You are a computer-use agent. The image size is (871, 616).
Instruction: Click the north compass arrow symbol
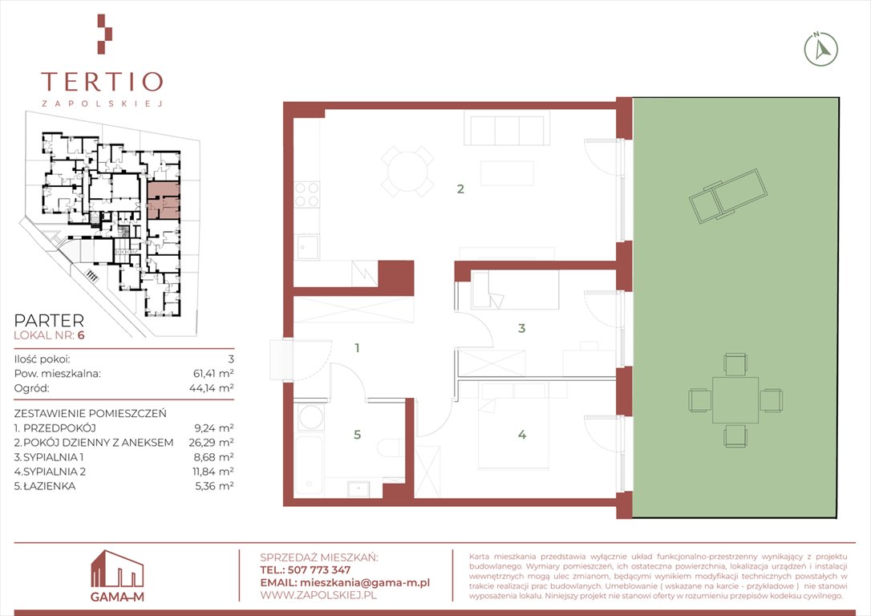tap(821, 50)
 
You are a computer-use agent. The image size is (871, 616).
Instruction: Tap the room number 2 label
tap(460, 188)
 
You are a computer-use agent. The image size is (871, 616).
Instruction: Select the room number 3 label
tap(521, 328)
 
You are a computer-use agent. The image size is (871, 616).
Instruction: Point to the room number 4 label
tap(522, 435)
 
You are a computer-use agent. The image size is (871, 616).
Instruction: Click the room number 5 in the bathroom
tap(357, 435)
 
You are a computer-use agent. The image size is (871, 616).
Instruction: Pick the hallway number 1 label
tap(357, 348)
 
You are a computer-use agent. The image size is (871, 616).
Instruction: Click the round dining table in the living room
tap(407, 172)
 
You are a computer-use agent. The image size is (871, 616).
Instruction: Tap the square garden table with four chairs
tap(735, 400)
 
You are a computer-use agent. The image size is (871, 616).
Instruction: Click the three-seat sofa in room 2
tap(507, 128)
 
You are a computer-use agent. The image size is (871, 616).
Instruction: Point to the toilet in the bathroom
tap(392, 447)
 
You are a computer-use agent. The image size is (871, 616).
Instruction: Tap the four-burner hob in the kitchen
tap(306, 194)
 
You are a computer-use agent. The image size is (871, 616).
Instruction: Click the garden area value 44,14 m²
tap(212, 387)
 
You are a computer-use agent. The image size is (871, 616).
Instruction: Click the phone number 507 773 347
tap(319, 570)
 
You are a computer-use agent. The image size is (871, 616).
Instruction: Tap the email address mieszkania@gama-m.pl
tap(364, 582)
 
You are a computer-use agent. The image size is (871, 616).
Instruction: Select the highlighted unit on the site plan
tap(164, 200)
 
